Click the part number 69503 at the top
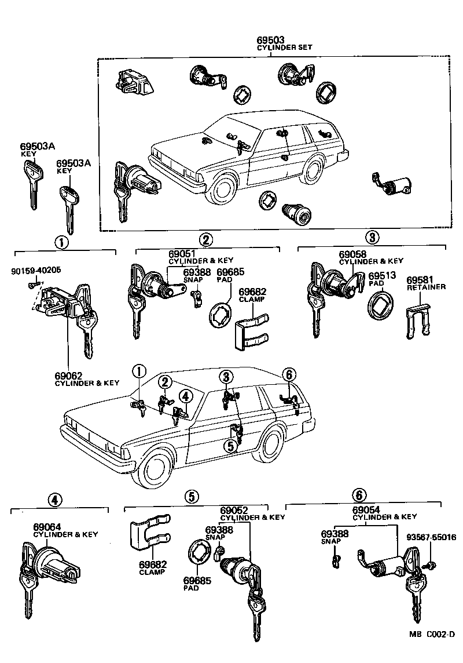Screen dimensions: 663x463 coord(271,39)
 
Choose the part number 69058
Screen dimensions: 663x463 coord(352,254)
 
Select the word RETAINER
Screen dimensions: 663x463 coord(426,287)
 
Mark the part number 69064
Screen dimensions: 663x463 coord(47,527)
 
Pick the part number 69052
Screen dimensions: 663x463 coord(233,510)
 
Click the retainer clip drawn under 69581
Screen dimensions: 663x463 coord(417,322)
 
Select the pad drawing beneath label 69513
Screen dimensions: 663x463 coord(379,305)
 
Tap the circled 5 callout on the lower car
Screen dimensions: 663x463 coord(230,446)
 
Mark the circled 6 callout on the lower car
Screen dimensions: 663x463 coord(289,374)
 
